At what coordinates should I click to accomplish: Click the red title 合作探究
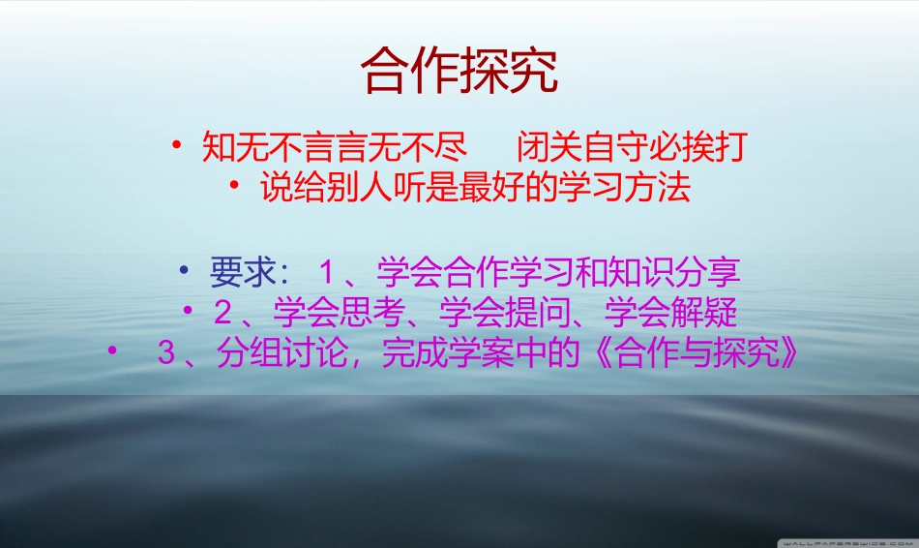click(x=459, y=71)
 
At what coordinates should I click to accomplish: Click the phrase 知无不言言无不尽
click(x=335, y=148)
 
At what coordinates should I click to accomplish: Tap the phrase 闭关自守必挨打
click(x=632, y=148)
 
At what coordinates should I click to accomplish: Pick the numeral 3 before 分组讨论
click(x=165, y=353)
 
